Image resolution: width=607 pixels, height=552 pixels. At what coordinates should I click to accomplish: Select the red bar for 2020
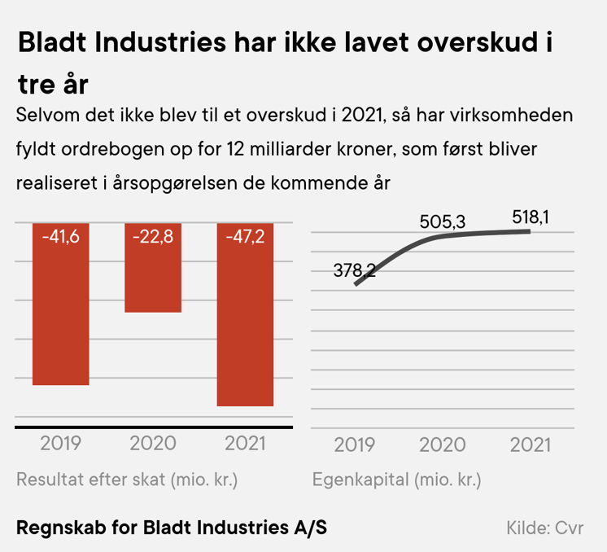coord(153,277)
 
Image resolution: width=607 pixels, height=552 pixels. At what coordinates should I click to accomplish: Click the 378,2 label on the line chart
coord(355,270)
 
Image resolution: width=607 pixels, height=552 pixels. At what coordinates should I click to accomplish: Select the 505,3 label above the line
coord(442,221)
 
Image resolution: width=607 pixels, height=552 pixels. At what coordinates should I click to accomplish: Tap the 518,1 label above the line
coord(534,217)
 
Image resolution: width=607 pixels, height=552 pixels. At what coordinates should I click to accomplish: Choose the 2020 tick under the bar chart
coord(153,444)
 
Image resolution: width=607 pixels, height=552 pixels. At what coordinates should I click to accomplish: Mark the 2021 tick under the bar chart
coord(245,444)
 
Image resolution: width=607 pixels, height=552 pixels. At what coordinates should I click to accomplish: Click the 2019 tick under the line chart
coord(354,445)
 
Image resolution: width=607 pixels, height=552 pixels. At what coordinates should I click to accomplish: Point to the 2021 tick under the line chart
coord(530,445)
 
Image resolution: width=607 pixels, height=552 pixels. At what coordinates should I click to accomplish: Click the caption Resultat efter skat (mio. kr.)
coord(127,479)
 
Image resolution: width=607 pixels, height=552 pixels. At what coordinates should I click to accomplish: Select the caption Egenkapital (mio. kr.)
coord(396,479)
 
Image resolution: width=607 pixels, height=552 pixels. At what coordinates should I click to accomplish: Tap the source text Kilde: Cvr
coord(545,528)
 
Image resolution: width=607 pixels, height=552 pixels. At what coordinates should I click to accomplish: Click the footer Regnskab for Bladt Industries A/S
coord(172,527)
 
